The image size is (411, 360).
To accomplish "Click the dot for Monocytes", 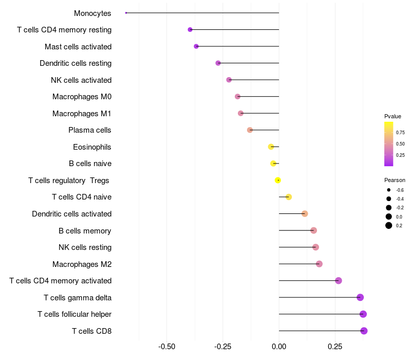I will point(126,13).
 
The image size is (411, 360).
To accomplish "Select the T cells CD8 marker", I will point(364,331).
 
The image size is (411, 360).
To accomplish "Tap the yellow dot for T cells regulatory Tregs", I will point(278,180).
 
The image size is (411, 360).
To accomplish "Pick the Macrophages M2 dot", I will point(319,264).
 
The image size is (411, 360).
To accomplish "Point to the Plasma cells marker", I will point(250,130).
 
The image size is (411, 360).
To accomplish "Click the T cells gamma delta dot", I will point(360,297).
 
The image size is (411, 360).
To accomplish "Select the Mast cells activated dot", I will point(196,46).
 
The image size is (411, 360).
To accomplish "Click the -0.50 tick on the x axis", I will point(166,346).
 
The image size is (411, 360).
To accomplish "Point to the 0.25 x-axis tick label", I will point(335,346).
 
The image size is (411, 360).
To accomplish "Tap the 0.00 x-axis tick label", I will point(279,346).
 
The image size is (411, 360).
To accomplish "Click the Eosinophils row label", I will point(92,147).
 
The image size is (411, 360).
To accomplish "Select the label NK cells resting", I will point(85,247).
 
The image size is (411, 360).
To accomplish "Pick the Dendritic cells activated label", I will point(71,214).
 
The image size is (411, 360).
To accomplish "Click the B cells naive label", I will point(90,164).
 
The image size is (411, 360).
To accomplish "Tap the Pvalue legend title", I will point(393,116).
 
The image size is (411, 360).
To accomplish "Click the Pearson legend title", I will point(395,180).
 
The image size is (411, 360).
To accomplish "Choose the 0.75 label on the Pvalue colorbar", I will point(400,132).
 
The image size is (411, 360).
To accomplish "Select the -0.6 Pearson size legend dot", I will point(389,190).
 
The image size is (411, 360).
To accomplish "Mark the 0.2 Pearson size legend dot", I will point(389,225).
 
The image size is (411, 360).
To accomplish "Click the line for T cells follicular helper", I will point(319,314).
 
